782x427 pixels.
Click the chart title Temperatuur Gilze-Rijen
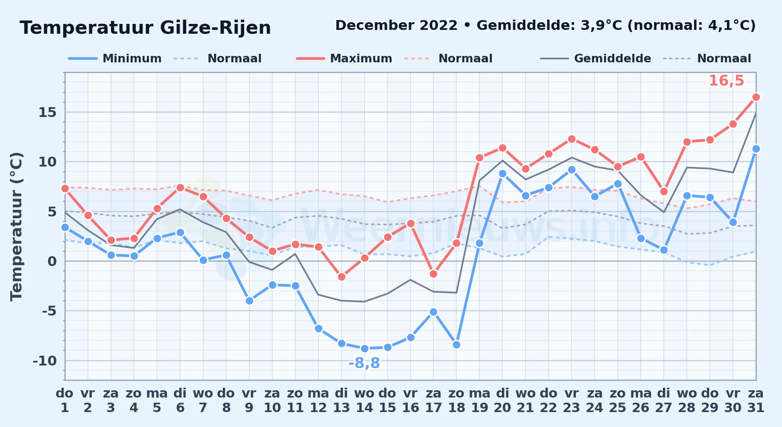click(x=145, y=28)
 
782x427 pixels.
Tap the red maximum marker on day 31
click(x=756, y=97)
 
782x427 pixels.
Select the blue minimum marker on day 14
click(x=365, y=348)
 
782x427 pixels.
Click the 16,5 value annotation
click(x=726, y=81)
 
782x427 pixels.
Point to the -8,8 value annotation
click(x=364, y=363)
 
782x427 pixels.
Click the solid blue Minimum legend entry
click(x=115, y=58)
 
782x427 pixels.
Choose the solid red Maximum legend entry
click(x=344, y=58)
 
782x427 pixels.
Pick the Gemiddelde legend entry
click(x=595, y=58)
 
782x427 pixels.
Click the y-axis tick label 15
click(x=47, y=112)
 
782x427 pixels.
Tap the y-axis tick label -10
click(x=45, y=361)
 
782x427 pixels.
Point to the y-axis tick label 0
click(x=52, y=261)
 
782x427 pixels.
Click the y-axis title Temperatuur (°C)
click(x=16, y=226)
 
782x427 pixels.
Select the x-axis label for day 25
click(x=618, y=401)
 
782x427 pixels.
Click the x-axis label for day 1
click(x=65, y=401)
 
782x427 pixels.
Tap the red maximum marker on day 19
click(x=479, y=158)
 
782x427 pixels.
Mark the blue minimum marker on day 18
click(x=456, y=345)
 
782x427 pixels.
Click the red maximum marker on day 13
click(x=341, y=277)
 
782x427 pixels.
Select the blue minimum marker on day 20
click(x=502, y=174)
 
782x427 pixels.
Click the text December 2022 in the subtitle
click(x=396, y=26)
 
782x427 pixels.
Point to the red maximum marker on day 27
click(x=664, y=192)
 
